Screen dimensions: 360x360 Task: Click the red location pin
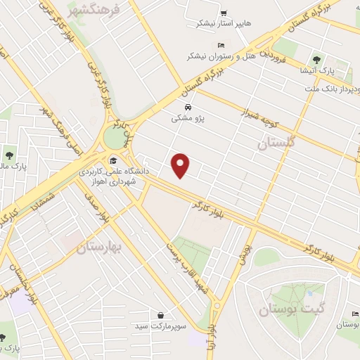click(181, 165)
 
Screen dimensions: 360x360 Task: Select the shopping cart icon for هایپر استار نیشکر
click(224, 13)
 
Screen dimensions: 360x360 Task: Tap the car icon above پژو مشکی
click(188, 107)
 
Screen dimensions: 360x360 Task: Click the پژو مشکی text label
click(188, 119)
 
